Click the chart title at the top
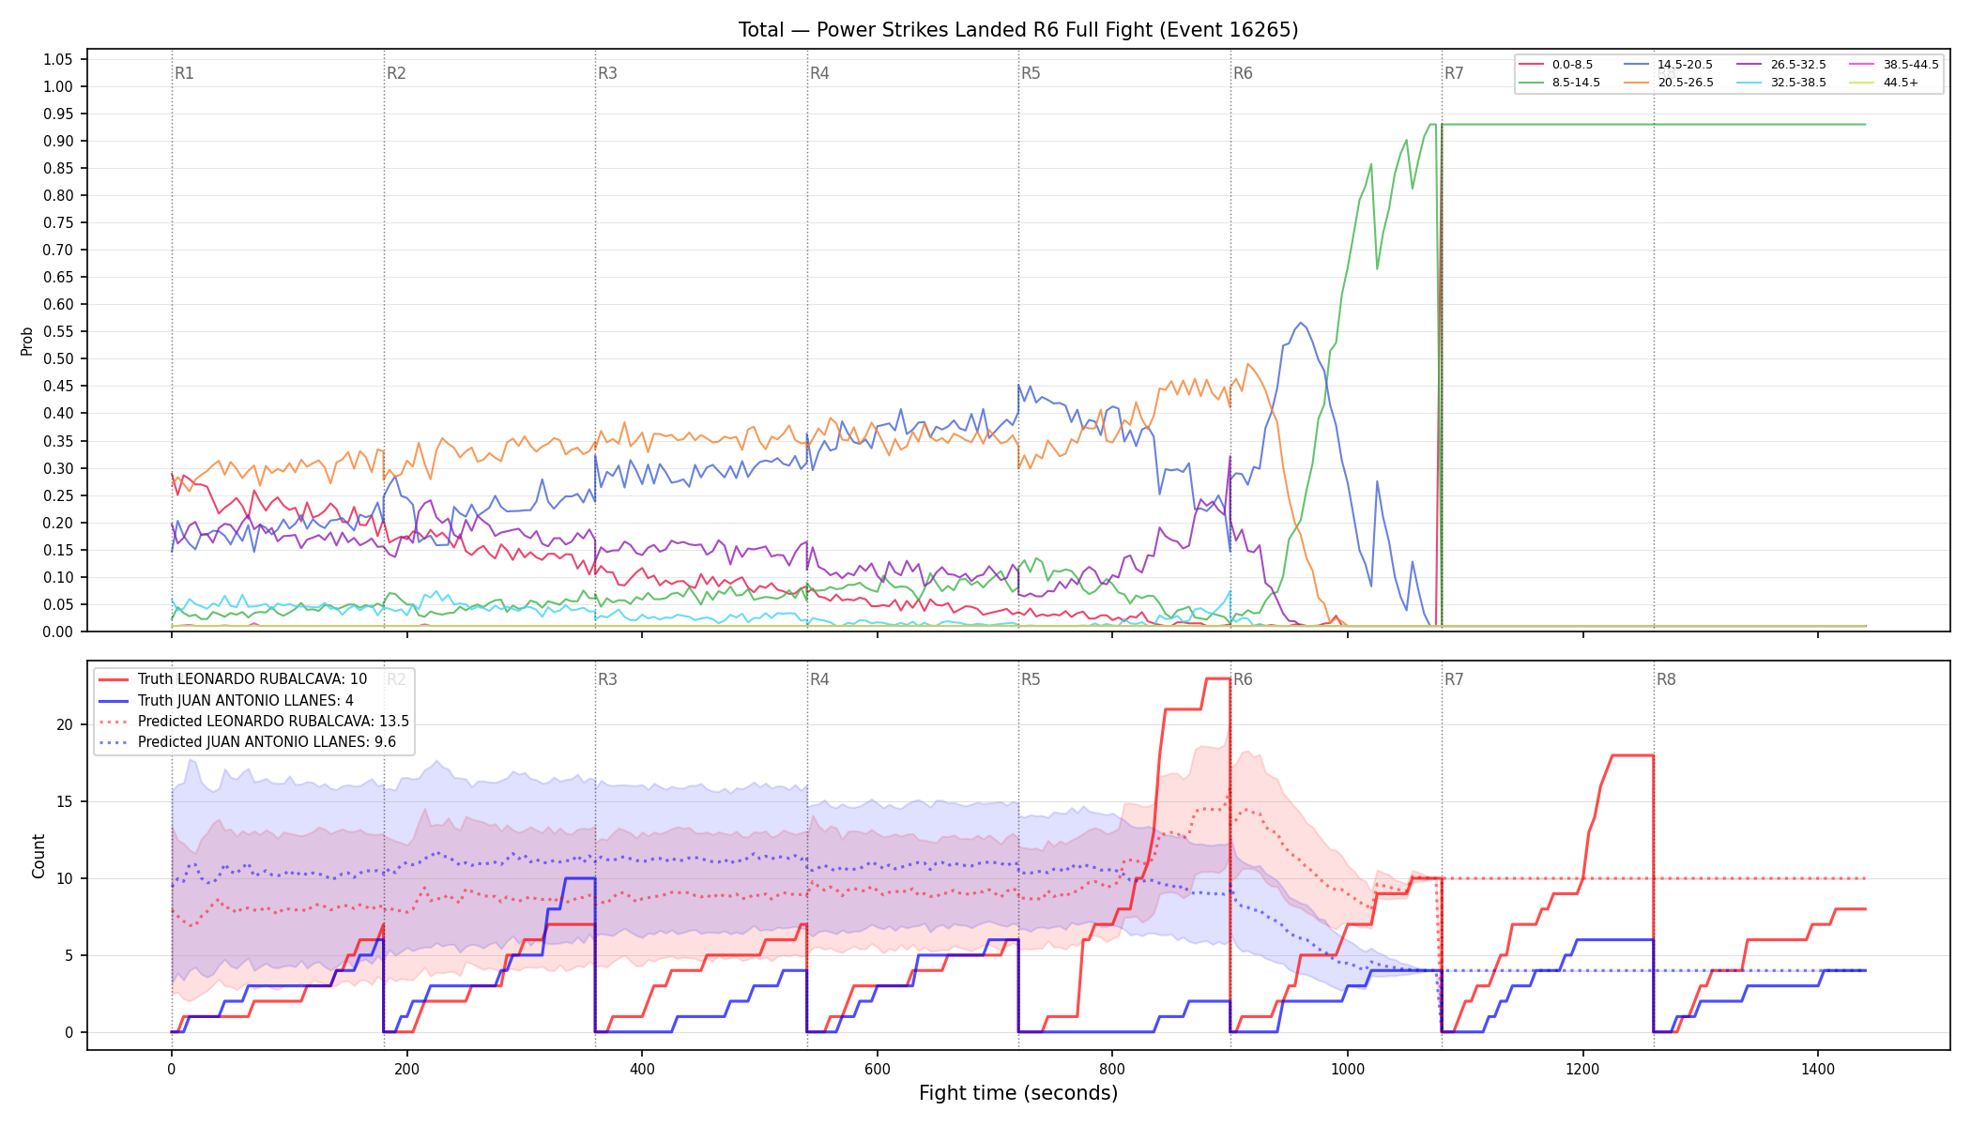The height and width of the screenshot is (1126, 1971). (x=1018, y=30)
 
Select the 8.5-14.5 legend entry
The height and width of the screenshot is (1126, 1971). (x=1559, y=83)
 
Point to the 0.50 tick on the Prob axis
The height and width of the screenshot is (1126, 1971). (x=57, y=358)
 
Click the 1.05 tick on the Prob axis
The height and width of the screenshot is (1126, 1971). (x=57, y=59)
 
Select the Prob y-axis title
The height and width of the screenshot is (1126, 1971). (x=26, y=341)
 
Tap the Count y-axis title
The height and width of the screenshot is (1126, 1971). (x=38, y=856)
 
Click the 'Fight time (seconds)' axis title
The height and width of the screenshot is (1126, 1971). (x=1018, y=1093)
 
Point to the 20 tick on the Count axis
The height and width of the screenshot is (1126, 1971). (x=64, y=724)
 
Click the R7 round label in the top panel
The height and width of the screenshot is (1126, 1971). (x=1454, y=73)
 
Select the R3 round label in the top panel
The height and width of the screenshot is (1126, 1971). (x=607, y=73)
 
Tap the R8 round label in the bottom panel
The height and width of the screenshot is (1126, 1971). (x=1666, y=679)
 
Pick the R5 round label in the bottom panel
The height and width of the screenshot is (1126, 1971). (x=1031, y=679)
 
